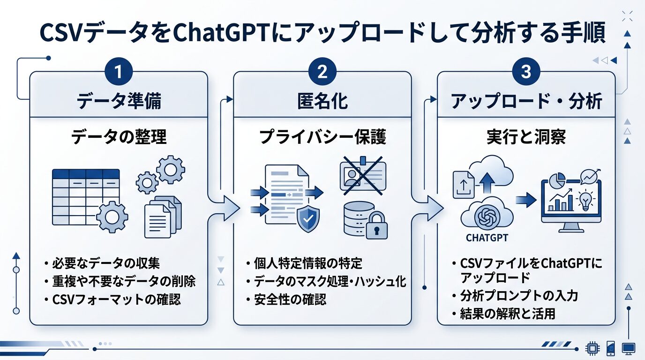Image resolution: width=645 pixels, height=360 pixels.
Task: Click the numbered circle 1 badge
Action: pos(118,73)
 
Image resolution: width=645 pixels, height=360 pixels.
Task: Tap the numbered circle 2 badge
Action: pos(322,73)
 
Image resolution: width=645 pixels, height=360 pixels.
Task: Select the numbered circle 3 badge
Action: pos(526,73)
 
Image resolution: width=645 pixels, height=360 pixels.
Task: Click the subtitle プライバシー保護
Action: pos(322,137)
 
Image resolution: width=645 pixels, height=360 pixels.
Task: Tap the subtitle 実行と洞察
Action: pos(526,137)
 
